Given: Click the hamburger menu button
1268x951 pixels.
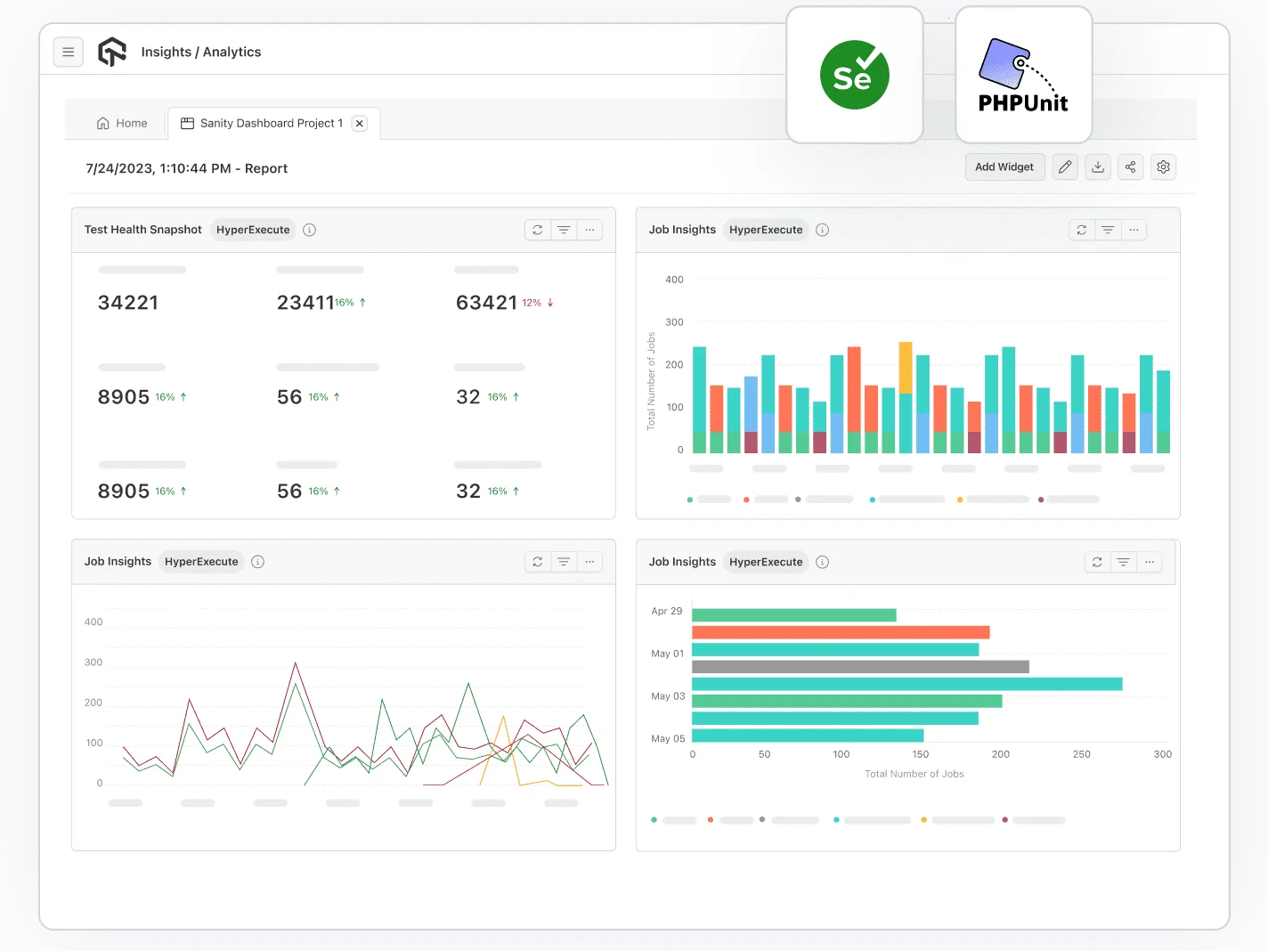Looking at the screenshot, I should tap(69, 53).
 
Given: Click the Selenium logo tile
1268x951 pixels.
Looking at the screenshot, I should tap(854, 76).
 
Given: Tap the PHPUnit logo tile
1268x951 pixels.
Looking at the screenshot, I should tap(1023, 76).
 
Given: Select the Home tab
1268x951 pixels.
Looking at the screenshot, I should tap(122, 124).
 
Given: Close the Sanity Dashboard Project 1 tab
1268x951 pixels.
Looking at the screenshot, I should tap(360, 124).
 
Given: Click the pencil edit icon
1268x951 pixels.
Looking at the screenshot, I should tap(1065, 167).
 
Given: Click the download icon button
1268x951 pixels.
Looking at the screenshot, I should tap(1098, 167).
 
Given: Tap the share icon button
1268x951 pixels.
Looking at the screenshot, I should tap(1130, 167).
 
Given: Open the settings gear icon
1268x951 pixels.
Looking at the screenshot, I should tap(1163, 167).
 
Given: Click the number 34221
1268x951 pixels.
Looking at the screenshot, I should tap(128, 303).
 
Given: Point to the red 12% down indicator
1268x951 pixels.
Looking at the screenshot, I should tap(538, 303).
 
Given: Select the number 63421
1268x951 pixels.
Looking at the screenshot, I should tap(486, 303).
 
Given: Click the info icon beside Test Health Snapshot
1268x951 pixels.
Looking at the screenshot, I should tap(310, 230).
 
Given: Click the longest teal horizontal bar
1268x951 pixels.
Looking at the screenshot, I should tap(906, 684).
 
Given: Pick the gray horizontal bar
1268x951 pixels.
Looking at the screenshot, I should tap(860, 667).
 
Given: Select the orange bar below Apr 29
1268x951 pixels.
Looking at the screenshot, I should tap(841, 632).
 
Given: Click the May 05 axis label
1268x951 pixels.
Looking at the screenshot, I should tap(668, 739).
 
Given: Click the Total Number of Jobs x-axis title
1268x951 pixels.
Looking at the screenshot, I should tap(914, 774).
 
